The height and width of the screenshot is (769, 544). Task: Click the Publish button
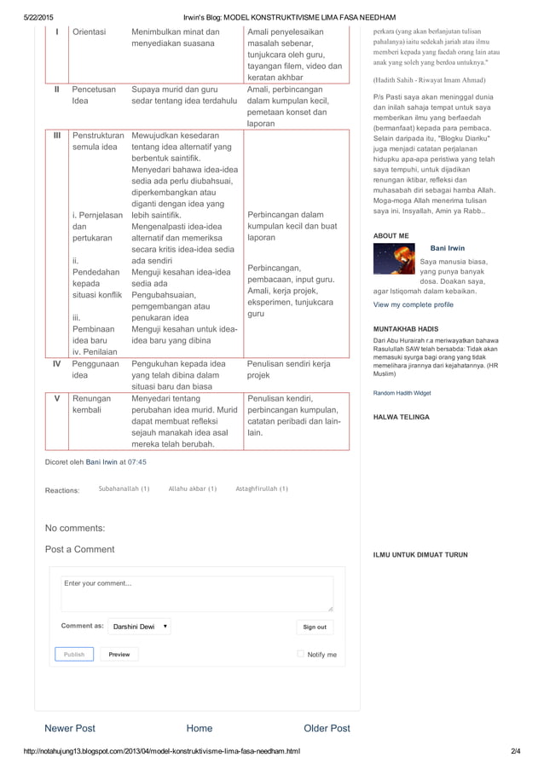(x=74, y=654)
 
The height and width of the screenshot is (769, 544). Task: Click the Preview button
(x=119, y=654)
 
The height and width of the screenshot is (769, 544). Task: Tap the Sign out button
(x=315, y=627)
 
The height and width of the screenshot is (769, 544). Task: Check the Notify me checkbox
(x=301, y=654)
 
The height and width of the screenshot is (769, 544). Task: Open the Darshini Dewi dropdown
(x=141, y=627)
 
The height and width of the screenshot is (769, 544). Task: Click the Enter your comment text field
(x=197, y=593)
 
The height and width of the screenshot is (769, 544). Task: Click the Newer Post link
(x=70, y=728)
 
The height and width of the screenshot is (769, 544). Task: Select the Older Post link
(x=327, y=728)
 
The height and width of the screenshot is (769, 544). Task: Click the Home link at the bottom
(x=200, y=728)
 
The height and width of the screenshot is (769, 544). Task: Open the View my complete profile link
(x=414, y=304)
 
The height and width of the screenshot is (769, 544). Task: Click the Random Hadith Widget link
(x=402, y=393)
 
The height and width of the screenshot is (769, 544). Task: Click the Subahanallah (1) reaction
(x=124, y=489)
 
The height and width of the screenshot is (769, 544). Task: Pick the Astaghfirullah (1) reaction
(x=262, y=489)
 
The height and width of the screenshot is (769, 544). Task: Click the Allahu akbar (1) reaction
(x=193, y=489)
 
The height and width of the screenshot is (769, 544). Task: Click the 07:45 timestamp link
(x=137, y=461)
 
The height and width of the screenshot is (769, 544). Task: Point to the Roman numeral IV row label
(x=56, y=363)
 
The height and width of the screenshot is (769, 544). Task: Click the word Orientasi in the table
(x=90, y=32)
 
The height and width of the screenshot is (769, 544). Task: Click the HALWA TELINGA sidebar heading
(x=402, y=417)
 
